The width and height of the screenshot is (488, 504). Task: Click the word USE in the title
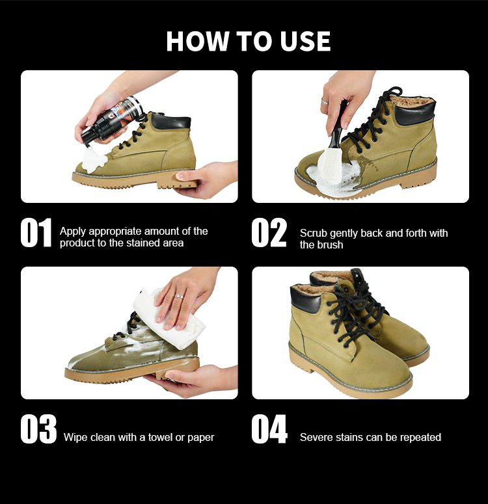point(305,41)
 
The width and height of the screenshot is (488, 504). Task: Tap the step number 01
point(36,233)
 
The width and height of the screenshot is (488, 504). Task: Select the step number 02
point(269,233)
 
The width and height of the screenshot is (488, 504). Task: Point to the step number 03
point(38,429)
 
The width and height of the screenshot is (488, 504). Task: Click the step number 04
point(269,429)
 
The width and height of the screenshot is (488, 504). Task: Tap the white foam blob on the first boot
point(93,159)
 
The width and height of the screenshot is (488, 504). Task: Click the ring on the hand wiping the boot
point(179,297)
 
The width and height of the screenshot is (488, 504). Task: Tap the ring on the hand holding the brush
point(324,102)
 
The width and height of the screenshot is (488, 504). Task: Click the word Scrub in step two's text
point(314,233)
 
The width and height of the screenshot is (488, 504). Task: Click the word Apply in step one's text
point(73,232)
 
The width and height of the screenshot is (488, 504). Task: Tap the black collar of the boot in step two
point(415,113)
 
